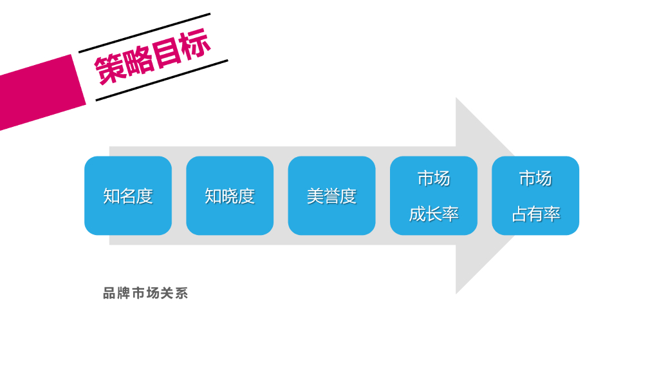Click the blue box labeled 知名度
pos(128,196)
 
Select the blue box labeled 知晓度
pos(230,196)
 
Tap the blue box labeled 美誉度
pos(331,196)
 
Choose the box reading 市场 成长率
pos(434,196)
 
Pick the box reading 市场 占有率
pos(535,196)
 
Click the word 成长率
pos(434,214)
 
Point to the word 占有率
pos(535,214)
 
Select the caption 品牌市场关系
pos(145,294)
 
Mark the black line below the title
pos(162,81)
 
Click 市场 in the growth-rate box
pos(434,178)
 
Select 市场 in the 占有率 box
pos(535,178)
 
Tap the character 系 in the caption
pos(181,294)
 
